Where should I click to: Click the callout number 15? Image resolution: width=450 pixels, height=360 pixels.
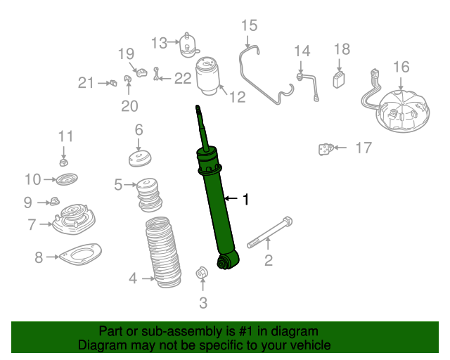point(249,25)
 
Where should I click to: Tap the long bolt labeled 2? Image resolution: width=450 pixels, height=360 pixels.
point(270,233)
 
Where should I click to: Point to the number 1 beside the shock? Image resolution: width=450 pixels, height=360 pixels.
point(245,199)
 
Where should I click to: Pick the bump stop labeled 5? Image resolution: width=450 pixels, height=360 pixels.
point(148,195)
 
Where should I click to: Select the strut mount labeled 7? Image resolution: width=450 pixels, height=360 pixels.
point(74,219)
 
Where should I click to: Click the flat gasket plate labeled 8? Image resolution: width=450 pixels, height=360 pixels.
point(80,255)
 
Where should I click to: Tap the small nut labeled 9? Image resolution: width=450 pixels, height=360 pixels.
point(54,201)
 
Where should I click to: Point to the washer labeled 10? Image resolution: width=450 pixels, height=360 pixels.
point(67,179)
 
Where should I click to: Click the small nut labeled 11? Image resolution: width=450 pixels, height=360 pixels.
point(63,162)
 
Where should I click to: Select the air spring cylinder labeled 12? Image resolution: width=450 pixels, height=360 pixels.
point(207,76)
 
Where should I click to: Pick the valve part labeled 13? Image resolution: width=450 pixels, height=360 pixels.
point(188,46)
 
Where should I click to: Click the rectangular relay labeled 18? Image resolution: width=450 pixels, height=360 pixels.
point(339,80)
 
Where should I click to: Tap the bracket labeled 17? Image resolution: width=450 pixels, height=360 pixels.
point(326,149)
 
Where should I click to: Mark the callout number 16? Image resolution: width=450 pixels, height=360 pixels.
point(401,67)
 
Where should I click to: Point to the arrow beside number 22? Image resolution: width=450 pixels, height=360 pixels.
point(165,78)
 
